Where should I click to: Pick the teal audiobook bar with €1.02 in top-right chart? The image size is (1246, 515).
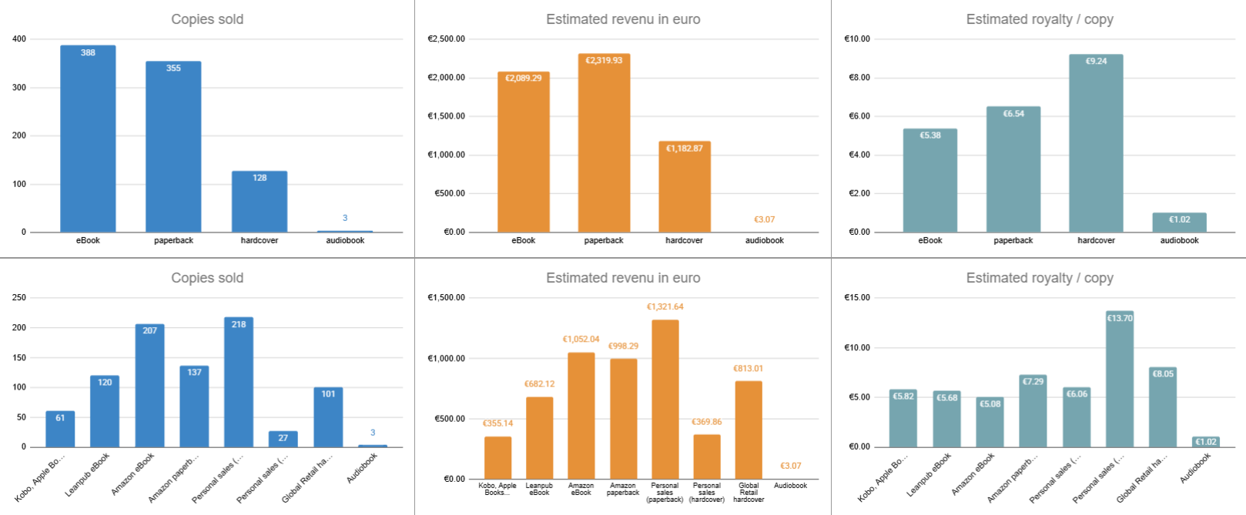(1179, 223)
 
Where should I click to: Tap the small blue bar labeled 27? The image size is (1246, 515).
(283, 440)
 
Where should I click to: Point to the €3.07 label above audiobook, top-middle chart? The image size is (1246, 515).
(764, 219)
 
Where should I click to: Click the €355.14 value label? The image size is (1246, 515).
(497, 423)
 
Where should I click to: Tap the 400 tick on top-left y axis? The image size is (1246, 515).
(19, 38)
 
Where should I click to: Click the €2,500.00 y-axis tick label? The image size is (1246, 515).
(446, 38)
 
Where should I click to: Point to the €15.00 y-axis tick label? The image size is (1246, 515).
(857, 297)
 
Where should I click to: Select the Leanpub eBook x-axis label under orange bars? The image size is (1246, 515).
(539, 489)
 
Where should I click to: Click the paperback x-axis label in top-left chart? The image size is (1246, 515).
(173, 240)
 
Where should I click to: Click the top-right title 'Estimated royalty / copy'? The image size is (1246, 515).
(1040, 19)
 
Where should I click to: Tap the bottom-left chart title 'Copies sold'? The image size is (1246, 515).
(207, 278)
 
